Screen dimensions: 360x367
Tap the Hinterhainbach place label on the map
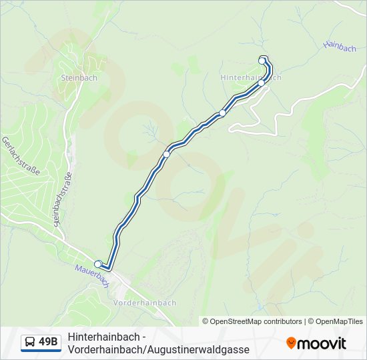(251, 77)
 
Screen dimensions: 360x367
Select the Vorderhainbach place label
(145, 302)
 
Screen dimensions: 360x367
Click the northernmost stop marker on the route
(262, 61)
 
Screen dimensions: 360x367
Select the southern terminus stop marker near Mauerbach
(98, 264)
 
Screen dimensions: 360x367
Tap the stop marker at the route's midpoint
(167, 153)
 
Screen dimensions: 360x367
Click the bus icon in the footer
(30, 343)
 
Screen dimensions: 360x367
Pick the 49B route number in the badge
(48, 343)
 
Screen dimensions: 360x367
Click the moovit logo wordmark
(322, 343)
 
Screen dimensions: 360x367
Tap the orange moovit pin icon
(291, 343)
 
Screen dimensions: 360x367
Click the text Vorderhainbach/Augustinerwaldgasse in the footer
(158, 349)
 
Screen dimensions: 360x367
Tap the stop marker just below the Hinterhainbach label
(262, 84)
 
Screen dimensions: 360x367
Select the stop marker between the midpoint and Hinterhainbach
(223, 113)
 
